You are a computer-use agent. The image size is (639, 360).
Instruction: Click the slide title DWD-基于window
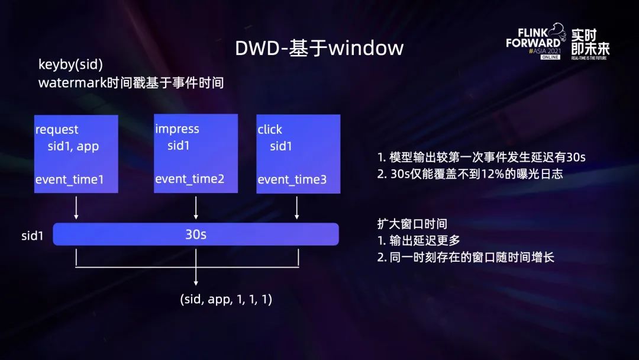319,48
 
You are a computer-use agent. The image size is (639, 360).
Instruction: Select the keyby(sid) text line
70,65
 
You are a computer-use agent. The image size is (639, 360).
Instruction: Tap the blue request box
76,154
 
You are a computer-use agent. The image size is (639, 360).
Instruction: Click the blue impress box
196,153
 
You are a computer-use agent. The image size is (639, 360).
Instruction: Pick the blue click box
298,154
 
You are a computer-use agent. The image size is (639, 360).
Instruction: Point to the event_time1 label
70,180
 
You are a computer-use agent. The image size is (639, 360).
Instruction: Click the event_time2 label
190,179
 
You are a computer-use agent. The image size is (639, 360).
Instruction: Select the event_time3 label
292,180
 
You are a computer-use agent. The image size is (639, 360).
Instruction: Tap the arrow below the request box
76,208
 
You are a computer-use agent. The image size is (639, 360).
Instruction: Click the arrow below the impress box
196,208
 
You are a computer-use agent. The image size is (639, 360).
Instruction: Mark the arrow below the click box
296,208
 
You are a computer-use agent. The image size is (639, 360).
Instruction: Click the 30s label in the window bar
196,234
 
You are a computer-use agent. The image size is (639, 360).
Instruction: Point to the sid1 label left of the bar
32,236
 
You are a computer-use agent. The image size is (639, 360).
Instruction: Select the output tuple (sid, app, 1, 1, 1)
226,299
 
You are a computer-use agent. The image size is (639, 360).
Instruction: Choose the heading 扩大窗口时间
412,224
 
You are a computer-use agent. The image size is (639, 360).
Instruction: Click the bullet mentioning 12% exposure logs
470,174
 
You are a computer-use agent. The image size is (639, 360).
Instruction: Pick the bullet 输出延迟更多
418,240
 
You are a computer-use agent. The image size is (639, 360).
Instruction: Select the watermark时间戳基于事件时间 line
131,83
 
